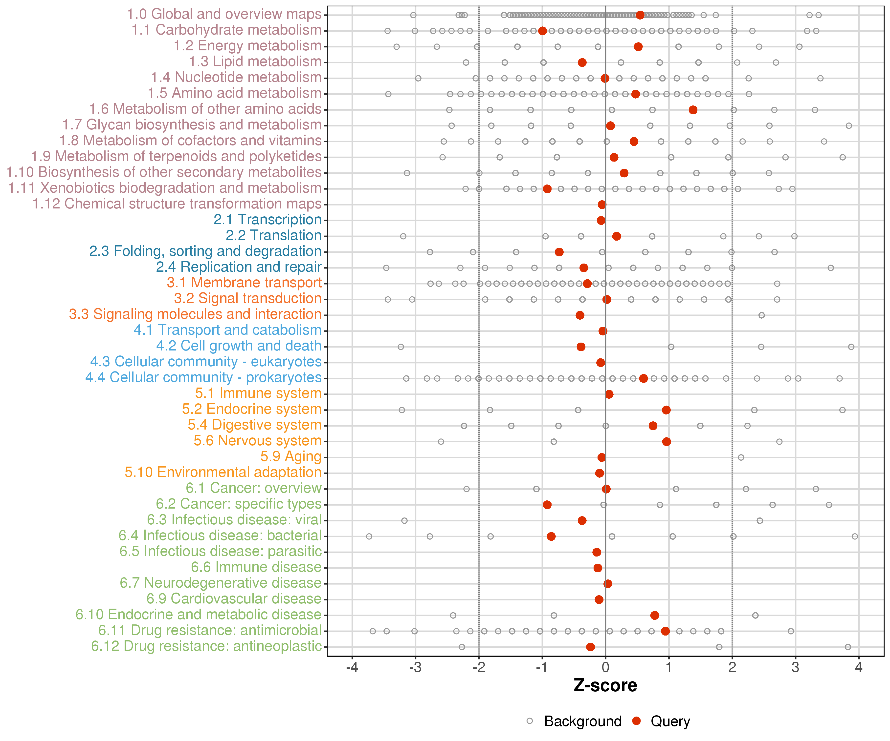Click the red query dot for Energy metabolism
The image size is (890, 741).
coord(638,47)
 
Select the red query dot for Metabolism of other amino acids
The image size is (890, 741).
coord(693,110)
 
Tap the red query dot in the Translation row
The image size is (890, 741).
coord(617,236)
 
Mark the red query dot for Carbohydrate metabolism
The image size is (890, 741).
coord(542,31)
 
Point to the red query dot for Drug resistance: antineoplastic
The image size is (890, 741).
coord(590,647)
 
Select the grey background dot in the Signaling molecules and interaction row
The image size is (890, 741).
coord(762,315)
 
